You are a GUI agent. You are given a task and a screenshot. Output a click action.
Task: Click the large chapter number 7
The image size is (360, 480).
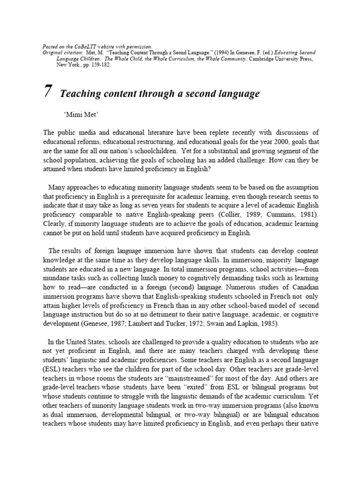(x=47, y=91)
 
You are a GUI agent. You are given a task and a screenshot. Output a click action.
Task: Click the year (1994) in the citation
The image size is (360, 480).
(x=191, y=53)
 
